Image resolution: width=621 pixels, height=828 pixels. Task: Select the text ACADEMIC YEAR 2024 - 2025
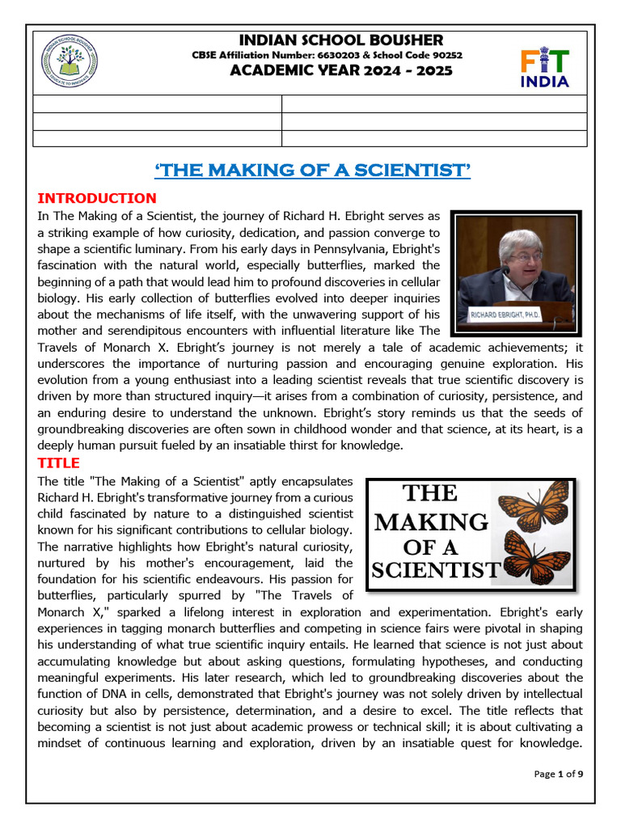341,70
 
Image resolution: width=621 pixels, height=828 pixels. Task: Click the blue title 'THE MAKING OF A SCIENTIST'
312,170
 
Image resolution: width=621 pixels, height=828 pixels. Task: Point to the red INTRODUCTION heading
97,198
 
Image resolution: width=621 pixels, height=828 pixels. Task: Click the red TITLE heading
58,463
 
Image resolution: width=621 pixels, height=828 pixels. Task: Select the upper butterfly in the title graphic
530,506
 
